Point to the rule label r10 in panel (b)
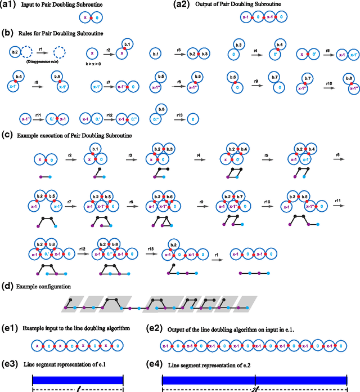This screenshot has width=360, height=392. click(328, 83)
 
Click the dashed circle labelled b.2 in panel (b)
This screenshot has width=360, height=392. click(16, 54)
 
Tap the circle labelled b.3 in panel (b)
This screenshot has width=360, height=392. click(238, 44)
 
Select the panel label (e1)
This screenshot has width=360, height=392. click(10, 328)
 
